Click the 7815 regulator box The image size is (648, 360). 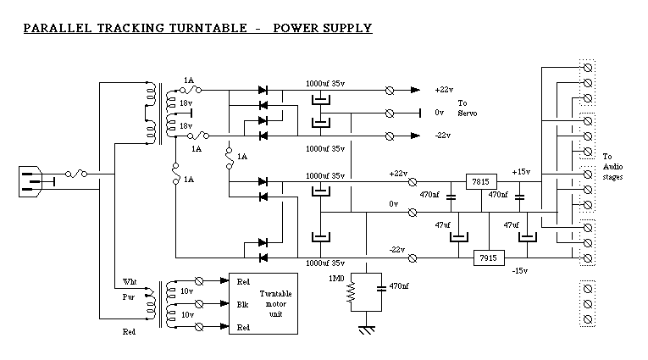pos(480,182)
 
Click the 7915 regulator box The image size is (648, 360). pos(487,258)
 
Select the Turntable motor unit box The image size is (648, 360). pos(263,303)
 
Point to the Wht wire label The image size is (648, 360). pos(130,280)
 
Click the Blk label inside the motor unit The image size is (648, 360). pos(242,303)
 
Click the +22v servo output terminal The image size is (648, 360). pos(389,89)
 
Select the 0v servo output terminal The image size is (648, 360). pos(389,112)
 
